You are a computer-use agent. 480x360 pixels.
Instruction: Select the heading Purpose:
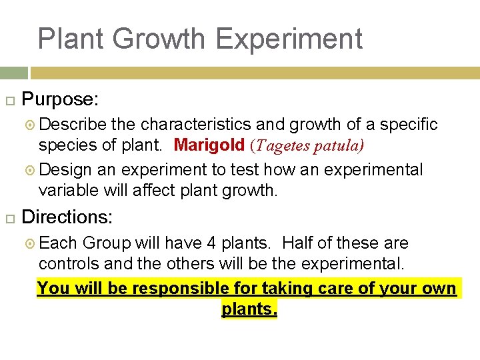click(x=61, y=100)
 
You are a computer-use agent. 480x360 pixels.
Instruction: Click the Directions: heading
click(x=68, y=217)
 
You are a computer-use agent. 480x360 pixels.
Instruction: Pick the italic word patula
click(x=337, y=145)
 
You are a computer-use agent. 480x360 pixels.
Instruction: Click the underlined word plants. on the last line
click(x=249, y=309)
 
